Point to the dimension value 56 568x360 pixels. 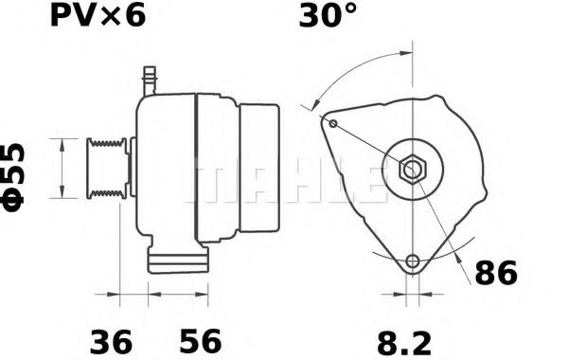199,339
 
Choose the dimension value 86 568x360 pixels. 495,274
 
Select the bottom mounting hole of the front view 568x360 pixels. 412,261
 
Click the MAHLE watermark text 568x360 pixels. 284,180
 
